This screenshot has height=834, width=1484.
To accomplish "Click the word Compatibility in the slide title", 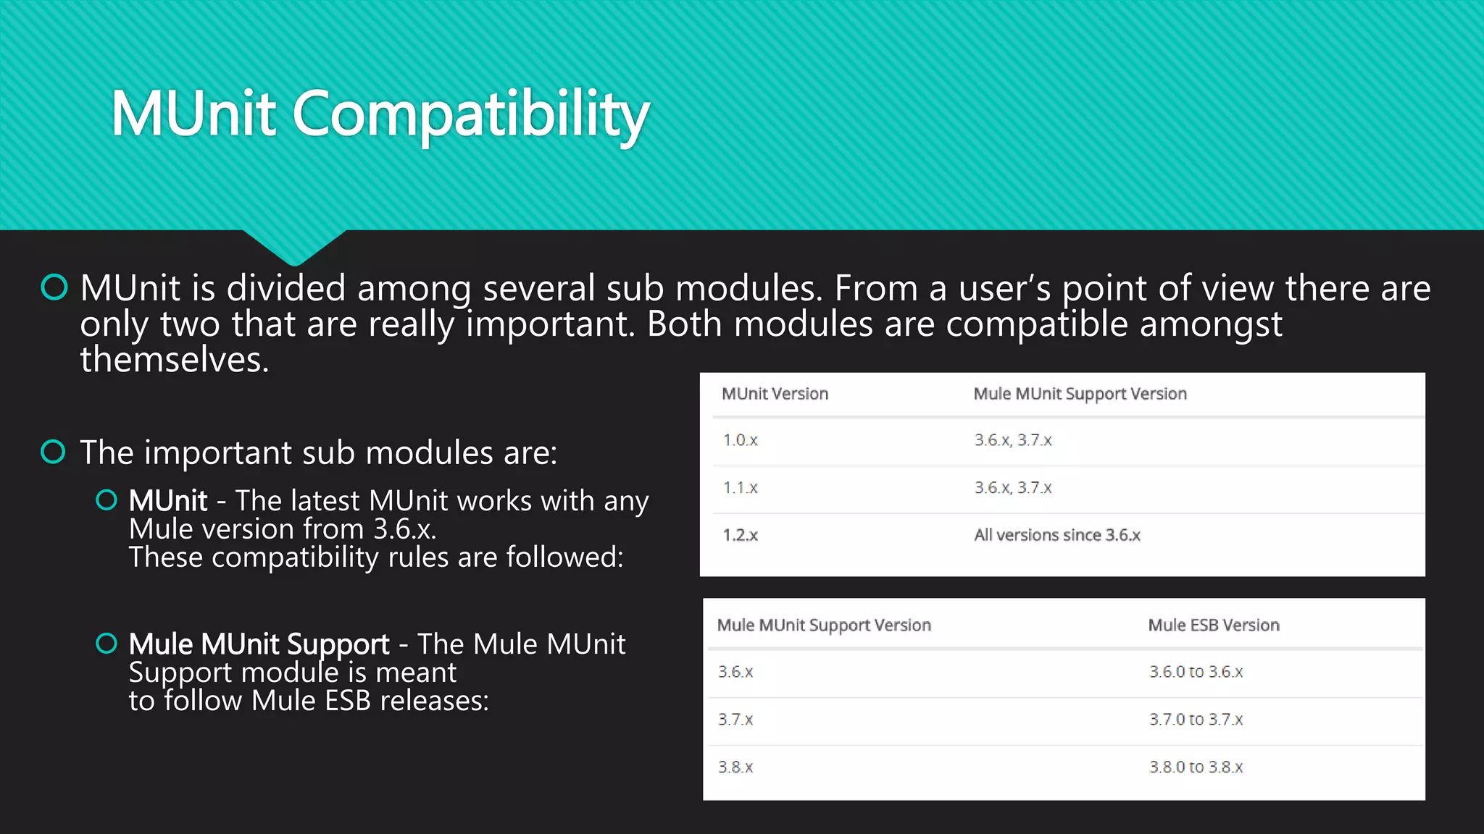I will coord(470,114).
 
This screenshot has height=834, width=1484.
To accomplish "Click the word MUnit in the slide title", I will coord(193,114).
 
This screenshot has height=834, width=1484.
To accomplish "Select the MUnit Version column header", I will coord(775,394).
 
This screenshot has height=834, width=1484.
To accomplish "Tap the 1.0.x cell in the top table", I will coord(740,440).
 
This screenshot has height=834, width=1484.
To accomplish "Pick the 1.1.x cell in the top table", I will coord(740,488).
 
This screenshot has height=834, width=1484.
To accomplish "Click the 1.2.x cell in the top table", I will coord(740,536).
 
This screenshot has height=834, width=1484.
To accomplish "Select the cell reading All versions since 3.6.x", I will coord(1056,536).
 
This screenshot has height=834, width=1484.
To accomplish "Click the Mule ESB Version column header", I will coord(1214,625).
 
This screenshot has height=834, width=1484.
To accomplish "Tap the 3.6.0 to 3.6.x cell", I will coord(1196,672).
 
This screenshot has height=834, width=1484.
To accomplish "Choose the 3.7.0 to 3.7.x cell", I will coord(1196,720).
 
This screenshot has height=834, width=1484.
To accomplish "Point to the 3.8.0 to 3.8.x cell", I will coord(1196,767).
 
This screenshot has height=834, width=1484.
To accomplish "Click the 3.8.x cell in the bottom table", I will coord(735,767).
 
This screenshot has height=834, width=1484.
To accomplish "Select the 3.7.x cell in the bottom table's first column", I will coord(735,720).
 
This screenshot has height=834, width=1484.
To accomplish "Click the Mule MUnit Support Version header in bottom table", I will coord(824,625).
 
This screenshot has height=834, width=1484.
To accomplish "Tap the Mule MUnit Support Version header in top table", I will coord(1080,394).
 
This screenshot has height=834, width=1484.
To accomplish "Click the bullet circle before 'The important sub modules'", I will coord(54,452).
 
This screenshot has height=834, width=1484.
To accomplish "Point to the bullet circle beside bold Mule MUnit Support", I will coord(107,643).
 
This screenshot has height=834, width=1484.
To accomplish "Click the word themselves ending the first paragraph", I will coord(174,360).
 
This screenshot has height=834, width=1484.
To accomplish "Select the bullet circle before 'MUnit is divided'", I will coord(54,287).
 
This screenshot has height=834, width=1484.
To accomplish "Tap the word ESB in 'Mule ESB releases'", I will coord(348,701).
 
